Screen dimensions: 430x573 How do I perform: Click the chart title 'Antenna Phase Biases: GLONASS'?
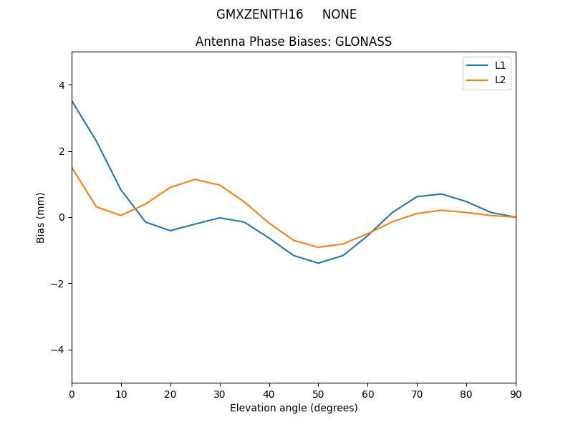[294, 42]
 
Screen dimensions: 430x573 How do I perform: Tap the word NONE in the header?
[340, 14]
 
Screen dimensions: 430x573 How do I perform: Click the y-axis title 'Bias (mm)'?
[41, 217]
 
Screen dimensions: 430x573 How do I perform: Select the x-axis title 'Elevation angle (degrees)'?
[294, 408]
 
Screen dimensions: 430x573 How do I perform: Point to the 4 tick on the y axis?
[61, 85]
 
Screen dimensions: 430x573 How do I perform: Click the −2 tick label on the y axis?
[58, 284]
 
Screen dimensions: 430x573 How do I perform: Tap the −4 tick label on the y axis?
[58, 350]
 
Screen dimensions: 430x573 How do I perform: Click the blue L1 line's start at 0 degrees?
[72, 101]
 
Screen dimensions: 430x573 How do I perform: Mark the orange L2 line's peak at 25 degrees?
[195, 179]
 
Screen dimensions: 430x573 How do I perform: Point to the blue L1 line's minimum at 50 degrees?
[318, 263]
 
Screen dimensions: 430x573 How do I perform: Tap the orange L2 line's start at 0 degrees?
[72, 168]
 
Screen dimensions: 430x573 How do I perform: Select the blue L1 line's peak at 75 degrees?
[442, 194]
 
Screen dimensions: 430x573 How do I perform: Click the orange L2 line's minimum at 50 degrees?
[318, 247]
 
